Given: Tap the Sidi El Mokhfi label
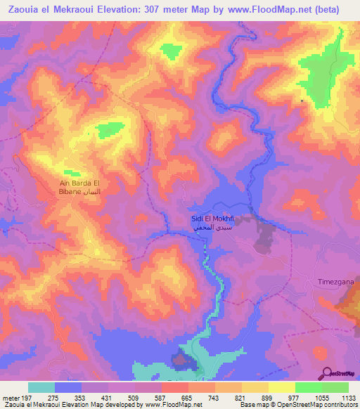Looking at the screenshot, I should pyautogui.click(x=212, y=219).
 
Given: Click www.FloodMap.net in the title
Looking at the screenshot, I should pyautogui.click(x=276, y=9).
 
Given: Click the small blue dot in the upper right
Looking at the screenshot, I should pyautogui.click(x=302, y=100).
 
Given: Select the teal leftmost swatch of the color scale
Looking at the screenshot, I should pyautogui.click(x=41, y=387).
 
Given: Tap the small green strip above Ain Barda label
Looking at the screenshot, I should pyautogui.click(x=72, y=171).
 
